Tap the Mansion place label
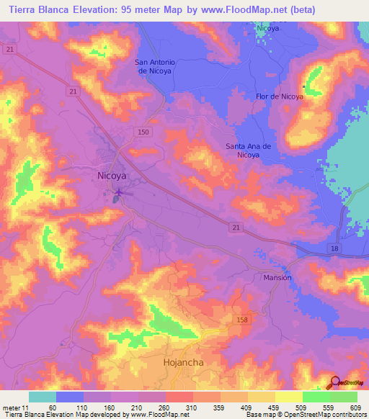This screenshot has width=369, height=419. (x=277, y=277)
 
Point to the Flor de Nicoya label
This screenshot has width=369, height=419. (x=279, y=96)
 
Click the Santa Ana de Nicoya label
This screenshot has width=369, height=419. (x=248, y=150)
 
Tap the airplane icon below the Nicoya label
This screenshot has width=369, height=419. (x=119, y=192)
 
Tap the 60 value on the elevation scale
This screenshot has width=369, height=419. (x=51, y=407)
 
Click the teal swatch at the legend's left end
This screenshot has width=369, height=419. (x=42, y=397)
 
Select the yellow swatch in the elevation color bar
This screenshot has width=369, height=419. (x=288, y=397)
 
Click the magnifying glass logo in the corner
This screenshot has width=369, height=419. (x=335, y=382)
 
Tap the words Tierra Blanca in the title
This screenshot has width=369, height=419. (x=36, y=9)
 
